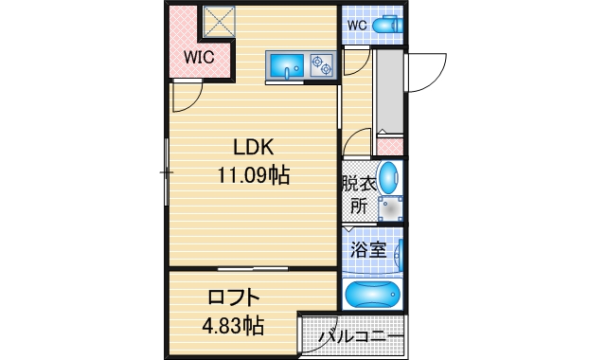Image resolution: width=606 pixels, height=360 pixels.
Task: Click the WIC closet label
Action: (x=199, y=57)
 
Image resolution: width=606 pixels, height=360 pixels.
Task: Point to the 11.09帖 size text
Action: (x=254, y=175)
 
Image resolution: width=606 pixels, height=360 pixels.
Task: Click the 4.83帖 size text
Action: (x=233, y=326)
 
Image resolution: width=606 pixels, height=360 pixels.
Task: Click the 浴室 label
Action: (x=367, y=251)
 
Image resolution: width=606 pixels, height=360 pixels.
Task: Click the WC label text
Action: (x=357, y=25)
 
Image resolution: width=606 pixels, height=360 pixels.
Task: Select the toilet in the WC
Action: (x=386, y=26)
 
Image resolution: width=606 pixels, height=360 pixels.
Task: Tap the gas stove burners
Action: (x=322, y=65)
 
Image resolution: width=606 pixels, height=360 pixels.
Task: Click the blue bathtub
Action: (x=374, y=294)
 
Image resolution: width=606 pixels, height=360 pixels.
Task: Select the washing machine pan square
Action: (x=391, y=207)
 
